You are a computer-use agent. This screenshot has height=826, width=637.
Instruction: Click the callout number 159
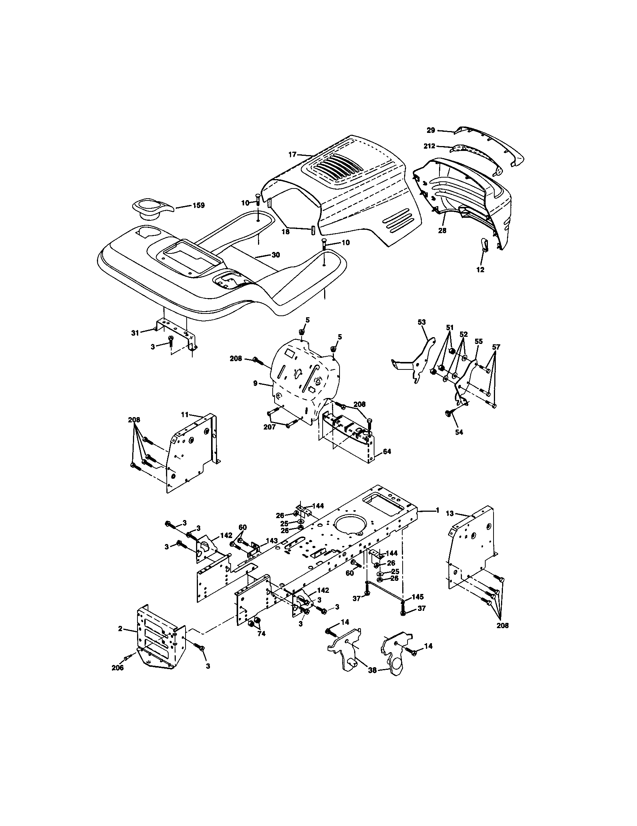click(x=198, y=205)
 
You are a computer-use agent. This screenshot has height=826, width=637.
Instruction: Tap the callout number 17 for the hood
click(x=292, y=154)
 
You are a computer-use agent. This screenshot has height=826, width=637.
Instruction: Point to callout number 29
click(x=431, y=130)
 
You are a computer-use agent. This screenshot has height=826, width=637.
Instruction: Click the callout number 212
click(x=429, y=146)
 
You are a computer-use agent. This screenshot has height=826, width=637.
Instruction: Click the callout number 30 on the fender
click(x=275, y=255)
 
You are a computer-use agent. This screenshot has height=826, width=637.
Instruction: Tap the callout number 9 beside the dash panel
click(x=256, y=383)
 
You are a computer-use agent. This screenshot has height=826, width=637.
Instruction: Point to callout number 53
click(x=421, y=322)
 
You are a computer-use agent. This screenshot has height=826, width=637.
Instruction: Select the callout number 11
click(x=184, y=415)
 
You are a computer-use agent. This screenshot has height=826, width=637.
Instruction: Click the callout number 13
click(x=449, y=513)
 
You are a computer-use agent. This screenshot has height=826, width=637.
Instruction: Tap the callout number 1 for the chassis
click(x=437, y=510)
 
